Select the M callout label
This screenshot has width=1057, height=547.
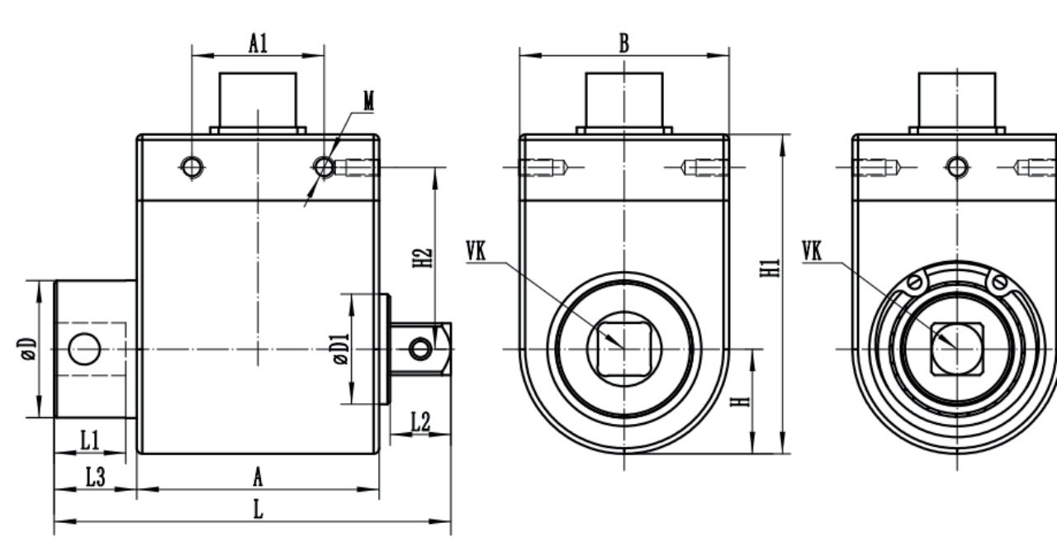(x=368, y=101)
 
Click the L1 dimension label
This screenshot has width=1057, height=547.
(x=90, y=441)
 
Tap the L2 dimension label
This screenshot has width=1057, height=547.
(x=420, y=421)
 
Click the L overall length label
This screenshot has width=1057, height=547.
(x=258, y=511)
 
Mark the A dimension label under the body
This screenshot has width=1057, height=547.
(x=258, y=477)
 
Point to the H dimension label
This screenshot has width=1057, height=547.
(x=742, y=401)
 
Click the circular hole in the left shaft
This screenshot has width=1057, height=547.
(x=83, y=350)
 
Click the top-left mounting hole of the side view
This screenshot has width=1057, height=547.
(x=192, y=168)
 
